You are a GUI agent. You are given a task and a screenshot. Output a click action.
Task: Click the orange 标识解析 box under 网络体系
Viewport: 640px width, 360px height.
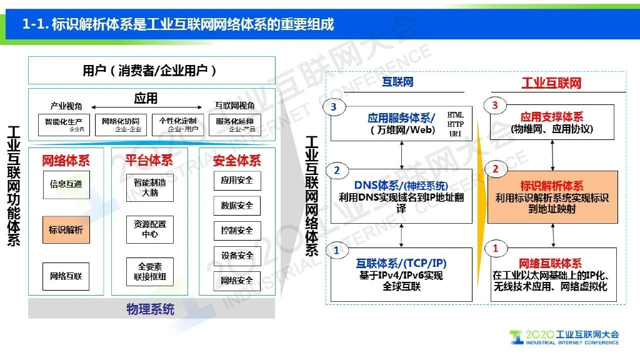pyautogui.click(x=66, y=230)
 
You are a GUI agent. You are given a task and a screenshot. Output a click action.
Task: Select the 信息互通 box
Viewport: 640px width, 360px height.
pyautogui.click(x=66, y=184)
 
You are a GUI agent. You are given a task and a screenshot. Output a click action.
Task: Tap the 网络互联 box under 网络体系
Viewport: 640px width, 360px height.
pyautogui.click(x=66, y=276)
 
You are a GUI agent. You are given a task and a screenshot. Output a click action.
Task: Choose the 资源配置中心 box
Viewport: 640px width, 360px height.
pyautogui.click(x=150, y=229)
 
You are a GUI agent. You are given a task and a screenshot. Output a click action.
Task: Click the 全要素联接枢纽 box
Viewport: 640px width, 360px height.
pyautogui.click(x=150, y=272)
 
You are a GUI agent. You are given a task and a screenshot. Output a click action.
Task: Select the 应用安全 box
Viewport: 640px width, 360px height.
pyautogui.click(x=237, y=180)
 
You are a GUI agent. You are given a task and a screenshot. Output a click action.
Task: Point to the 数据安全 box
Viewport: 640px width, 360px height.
pyautogui.click(x=237, y=206)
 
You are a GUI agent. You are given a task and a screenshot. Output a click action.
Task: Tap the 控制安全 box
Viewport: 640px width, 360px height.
pyautogui.click(x=237, y=231)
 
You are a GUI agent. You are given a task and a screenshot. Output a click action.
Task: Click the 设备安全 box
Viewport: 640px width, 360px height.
pyautogui.click(x=237, y=256)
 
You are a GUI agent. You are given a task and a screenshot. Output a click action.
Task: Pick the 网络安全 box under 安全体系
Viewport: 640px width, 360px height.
pyautogui.click(x=237, y=281)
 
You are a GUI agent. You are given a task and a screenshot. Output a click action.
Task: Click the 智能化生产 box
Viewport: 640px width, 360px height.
pyautogui.click(x=64, y=123)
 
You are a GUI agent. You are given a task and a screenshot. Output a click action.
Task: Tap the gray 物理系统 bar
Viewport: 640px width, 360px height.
pyautogui.click(x=151, y=309)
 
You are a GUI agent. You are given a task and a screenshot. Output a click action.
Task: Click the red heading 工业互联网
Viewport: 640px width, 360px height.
pyautogui.click(x=551, y=83)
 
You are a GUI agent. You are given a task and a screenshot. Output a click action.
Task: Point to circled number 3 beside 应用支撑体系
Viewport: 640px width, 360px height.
pyautogui.click(x=495, y=106)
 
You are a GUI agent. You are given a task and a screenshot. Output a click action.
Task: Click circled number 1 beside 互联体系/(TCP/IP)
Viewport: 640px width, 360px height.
pyautogui.click(x=336, y=251)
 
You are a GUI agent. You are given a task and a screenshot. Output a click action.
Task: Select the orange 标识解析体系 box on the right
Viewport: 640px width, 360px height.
pyautogui.click(x=552, y=197)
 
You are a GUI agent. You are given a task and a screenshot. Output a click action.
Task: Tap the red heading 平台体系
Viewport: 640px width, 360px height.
pyautogui.click(x=149, y=161)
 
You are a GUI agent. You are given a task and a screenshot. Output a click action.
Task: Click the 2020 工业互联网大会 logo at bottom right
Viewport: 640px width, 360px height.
pyautogui.click(x=564, y=337)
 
